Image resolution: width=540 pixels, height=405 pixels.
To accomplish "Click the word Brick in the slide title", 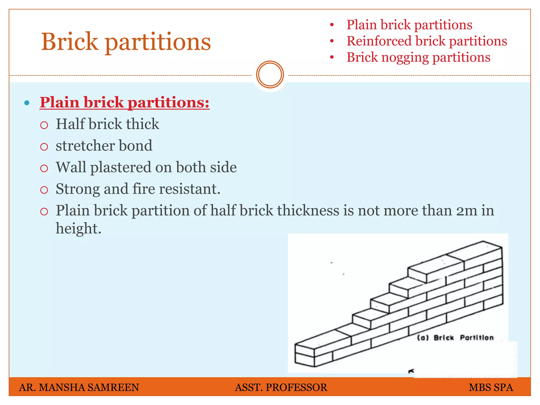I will click(x=70, y=41).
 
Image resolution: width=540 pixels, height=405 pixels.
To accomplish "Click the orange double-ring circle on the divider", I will click(x=270, y=74).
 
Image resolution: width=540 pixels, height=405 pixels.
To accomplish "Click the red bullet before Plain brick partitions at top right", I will click(x=332, y=25).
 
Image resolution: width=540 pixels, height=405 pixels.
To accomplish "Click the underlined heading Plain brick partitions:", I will click(x=124, y=102).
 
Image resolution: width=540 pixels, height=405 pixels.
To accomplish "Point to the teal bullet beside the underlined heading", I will click(x=27, y=103).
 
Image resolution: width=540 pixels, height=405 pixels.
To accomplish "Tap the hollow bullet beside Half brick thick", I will click(x=44, y=125).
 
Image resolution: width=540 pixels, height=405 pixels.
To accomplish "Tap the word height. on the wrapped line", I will click(x=78, y=228).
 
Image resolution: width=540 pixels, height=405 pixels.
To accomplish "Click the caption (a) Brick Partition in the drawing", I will click(x=455, y=338).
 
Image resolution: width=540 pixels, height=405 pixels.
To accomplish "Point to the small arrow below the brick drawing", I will click(x=411, y=371).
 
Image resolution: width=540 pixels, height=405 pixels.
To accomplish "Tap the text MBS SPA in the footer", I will click(x=491, y=387).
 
